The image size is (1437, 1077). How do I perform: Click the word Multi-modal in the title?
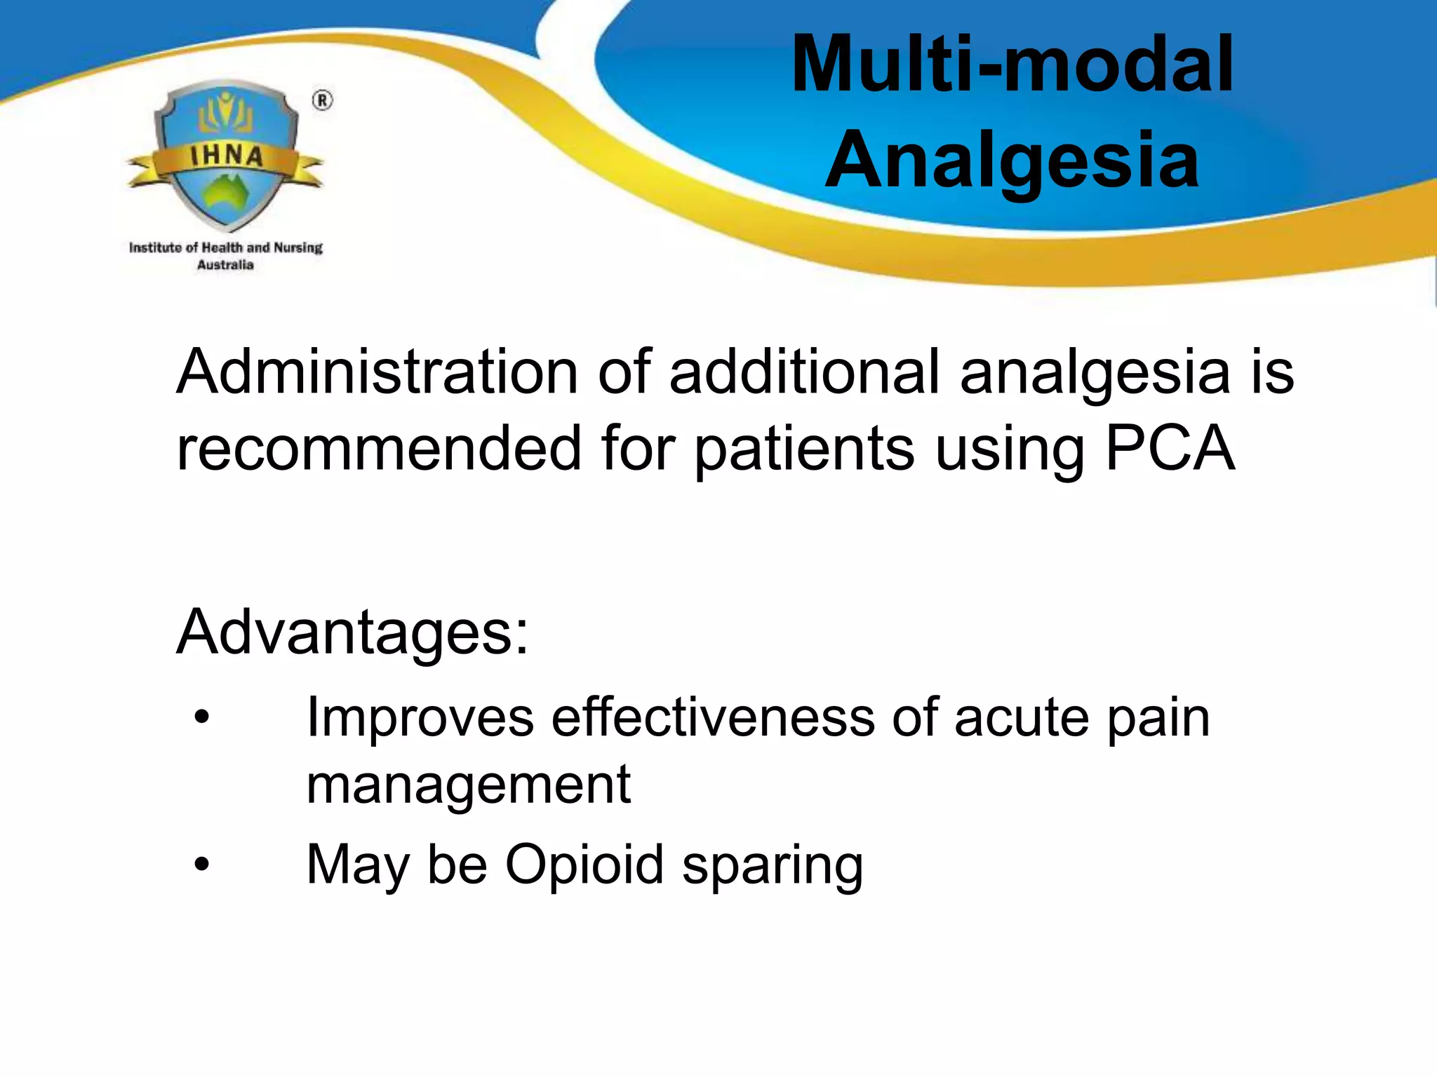pos(1012,65)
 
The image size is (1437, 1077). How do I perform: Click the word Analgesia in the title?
pos(1012,161)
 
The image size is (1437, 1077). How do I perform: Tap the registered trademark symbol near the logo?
pos(322,101)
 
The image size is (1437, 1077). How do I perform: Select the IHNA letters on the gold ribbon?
pos(227,156)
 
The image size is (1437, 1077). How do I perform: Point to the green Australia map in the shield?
pos(227,191)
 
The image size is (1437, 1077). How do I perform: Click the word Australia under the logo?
pos(225,265)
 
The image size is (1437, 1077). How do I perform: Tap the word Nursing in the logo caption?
pos(298,248)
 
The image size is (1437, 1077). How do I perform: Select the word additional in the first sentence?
pos(804,372)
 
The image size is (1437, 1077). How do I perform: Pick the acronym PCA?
pos(1169,449)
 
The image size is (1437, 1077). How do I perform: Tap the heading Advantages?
pos(352,632)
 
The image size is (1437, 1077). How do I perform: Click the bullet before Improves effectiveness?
pos(202,718)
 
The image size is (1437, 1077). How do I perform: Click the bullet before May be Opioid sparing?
pos(202,865)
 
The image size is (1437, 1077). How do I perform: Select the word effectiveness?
pos(713,718)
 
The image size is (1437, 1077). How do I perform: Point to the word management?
pos(469,785)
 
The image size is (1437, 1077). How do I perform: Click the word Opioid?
pos(584,865)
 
